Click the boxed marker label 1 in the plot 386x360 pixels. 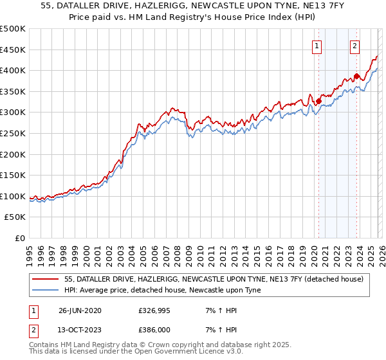pos(317,46)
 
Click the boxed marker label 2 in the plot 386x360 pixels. pos(354,46)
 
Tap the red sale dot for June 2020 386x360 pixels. pos(318,101)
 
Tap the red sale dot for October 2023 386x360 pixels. pos(356,76)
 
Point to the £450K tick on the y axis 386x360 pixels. pos(13,50)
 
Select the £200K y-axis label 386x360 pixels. pos(13,154)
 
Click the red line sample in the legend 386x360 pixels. pos(46,279)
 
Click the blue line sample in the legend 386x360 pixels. pos(46,290)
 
